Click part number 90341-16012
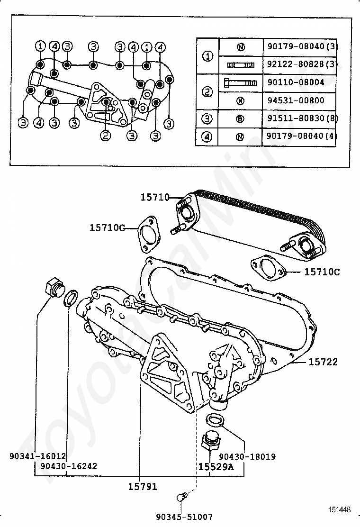click(x=37, y=456)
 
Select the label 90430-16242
click(x=69, y=466)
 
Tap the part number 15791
click(x=142, y=486)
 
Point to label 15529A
click(x=216, y=466)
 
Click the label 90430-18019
click(x=247, y=457)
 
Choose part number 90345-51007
click(x=184, y=517)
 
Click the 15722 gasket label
click(x=323, y=362)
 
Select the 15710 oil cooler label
click(x=154, y=197)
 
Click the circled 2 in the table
click(x=207, y=91)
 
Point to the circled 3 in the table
click(x=207, y=118)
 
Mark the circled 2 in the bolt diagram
click(x=105, y=136)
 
